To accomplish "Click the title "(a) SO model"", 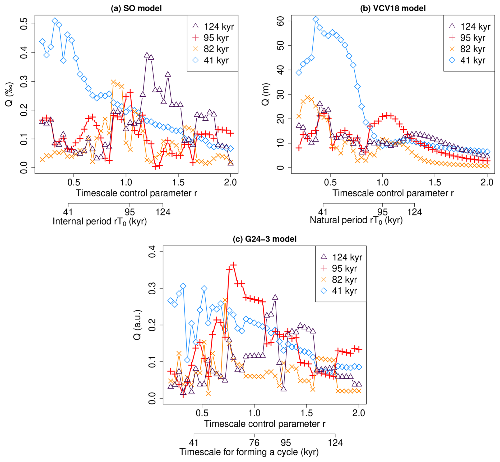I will (x=136, y=8).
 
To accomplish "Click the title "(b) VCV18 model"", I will (x=393, y=8).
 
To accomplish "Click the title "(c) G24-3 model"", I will (x=265, y=239).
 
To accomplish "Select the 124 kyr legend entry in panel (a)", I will (x=213, y=26).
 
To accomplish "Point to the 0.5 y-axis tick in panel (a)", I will (x=24, y=24).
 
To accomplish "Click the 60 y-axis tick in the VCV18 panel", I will (x=280, y=21).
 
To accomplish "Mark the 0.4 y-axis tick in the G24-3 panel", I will (x=152, y=252).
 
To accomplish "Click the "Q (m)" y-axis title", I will (x=265, y=94).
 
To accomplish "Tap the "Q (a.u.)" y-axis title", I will (x=137, y=325).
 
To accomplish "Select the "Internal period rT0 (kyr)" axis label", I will (x=100, y=221).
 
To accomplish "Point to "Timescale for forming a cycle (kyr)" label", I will (x=249, y=452).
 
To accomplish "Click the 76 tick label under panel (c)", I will (x=254, y=442).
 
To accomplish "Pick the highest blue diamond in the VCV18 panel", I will (x=316, y=19).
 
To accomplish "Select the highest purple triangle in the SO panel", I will (x=147, y=55).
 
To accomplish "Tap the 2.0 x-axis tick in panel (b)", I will (x=487, y=182).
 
